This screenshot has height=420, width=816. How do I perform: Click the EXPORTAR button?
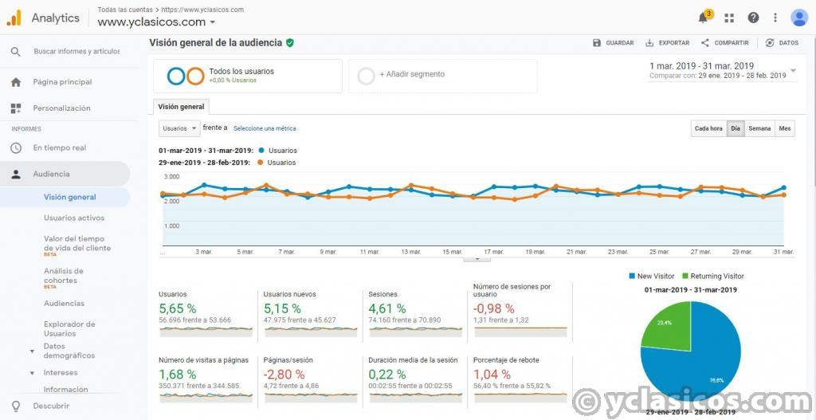668,43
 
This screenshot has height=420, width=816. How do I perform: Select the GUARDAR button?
614,43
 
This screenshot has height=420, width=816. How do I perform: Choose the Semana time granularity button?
759,128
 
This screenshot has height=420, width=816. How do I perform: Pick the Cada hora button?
708,128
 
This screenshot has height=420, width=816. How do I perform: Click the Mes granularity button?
785,128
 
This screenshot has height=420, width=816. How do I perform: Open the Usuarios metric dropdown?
178,128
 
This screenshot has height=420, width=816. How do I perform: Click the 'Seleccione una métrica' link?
265,128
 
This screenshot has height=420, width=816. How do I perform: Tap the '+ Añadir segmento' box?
442,75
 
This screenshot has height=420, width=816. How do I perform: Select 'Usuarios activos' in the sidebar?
74,218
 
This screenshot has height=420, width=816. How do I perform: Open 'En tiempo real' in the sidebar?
59,147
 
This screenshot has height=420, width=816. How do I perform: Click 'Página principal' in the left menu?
62,82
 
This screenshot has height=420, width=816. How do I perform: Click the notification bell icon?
703,18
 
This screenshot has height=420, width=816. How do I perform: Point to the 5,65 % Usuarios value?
177,308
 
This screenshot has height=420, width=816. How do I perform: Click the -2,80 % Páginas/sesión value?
284,374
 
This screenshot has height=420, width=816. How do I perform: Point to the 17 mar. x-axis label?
493,252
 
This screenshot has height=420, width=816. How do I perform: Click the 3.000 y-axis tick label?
171,176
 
